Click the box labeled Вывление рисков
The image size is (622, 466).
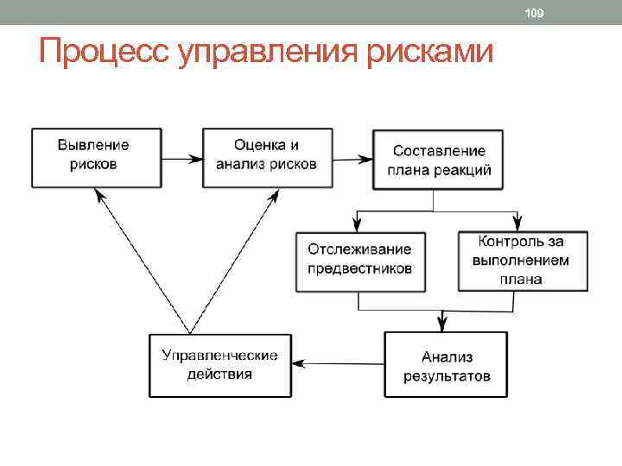click(x=95, y=157)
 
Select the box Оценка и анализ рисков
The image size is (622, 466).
click(x=266, y=157)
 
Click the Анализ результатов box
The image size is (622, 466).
click(x=447, y=365)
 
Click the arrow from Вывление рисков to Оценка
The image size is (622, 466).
click(x=181, y=159)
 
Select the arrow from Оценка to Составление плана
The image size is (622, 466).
click(x=352, y=159)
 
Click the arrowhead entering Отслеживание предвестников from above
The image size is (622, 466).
click(x=358, y=223)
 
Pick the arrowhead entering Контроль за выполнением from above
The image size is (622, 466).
click(x=517, y=223)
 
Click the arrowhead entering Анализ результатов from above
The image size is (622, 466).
click(x=442, y=325)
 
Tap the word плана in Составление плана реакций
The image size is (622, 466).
click(x=406, y=170)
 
